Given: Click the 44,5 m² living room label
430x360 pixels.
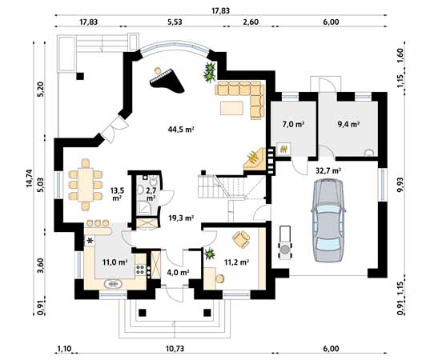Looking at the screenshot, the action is [181, 130].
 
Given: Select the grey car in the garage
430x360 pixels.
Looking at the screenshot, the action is [328, 220].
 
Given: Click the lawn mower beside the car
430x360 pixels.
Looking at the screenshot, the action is [285, 242].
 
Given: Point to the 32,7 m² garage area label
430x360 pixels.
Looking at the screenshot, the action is [328, 171].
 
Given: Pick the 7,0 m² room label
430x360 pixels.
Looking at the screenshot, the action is [293, 124].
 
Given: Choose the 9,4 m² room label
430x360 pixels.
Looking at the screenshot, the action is [348, 124].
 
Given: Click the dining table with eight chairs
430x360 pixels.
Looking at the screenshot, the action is [86, 184].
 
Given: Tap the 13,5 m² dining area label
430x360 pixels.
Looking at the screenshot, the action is [117, 194].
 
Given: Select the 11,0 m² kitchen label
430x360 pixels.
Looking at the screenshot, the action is [115, 262].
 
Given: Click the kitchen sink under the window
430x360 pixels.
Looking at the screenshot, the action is [113, 283].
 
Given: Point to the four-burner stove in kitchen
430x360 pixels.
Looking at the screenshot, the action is [140, 269].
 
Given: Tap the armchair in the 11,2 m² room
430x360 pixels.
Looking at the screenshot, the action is [241, 239].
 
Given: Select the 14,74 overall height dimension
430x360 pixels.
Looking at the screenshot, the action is [30, 178].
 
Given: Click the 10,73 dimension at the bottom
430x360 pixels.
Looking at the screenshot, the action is [175, 349].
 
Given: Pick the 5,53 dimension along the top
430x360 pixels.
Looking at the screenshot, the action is [175, 22].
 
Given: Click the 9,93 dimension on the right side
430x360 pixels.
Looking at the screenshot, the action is [400, 190].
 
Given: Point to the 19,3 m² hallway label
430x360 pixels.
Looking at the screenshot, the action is [181, 218].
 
